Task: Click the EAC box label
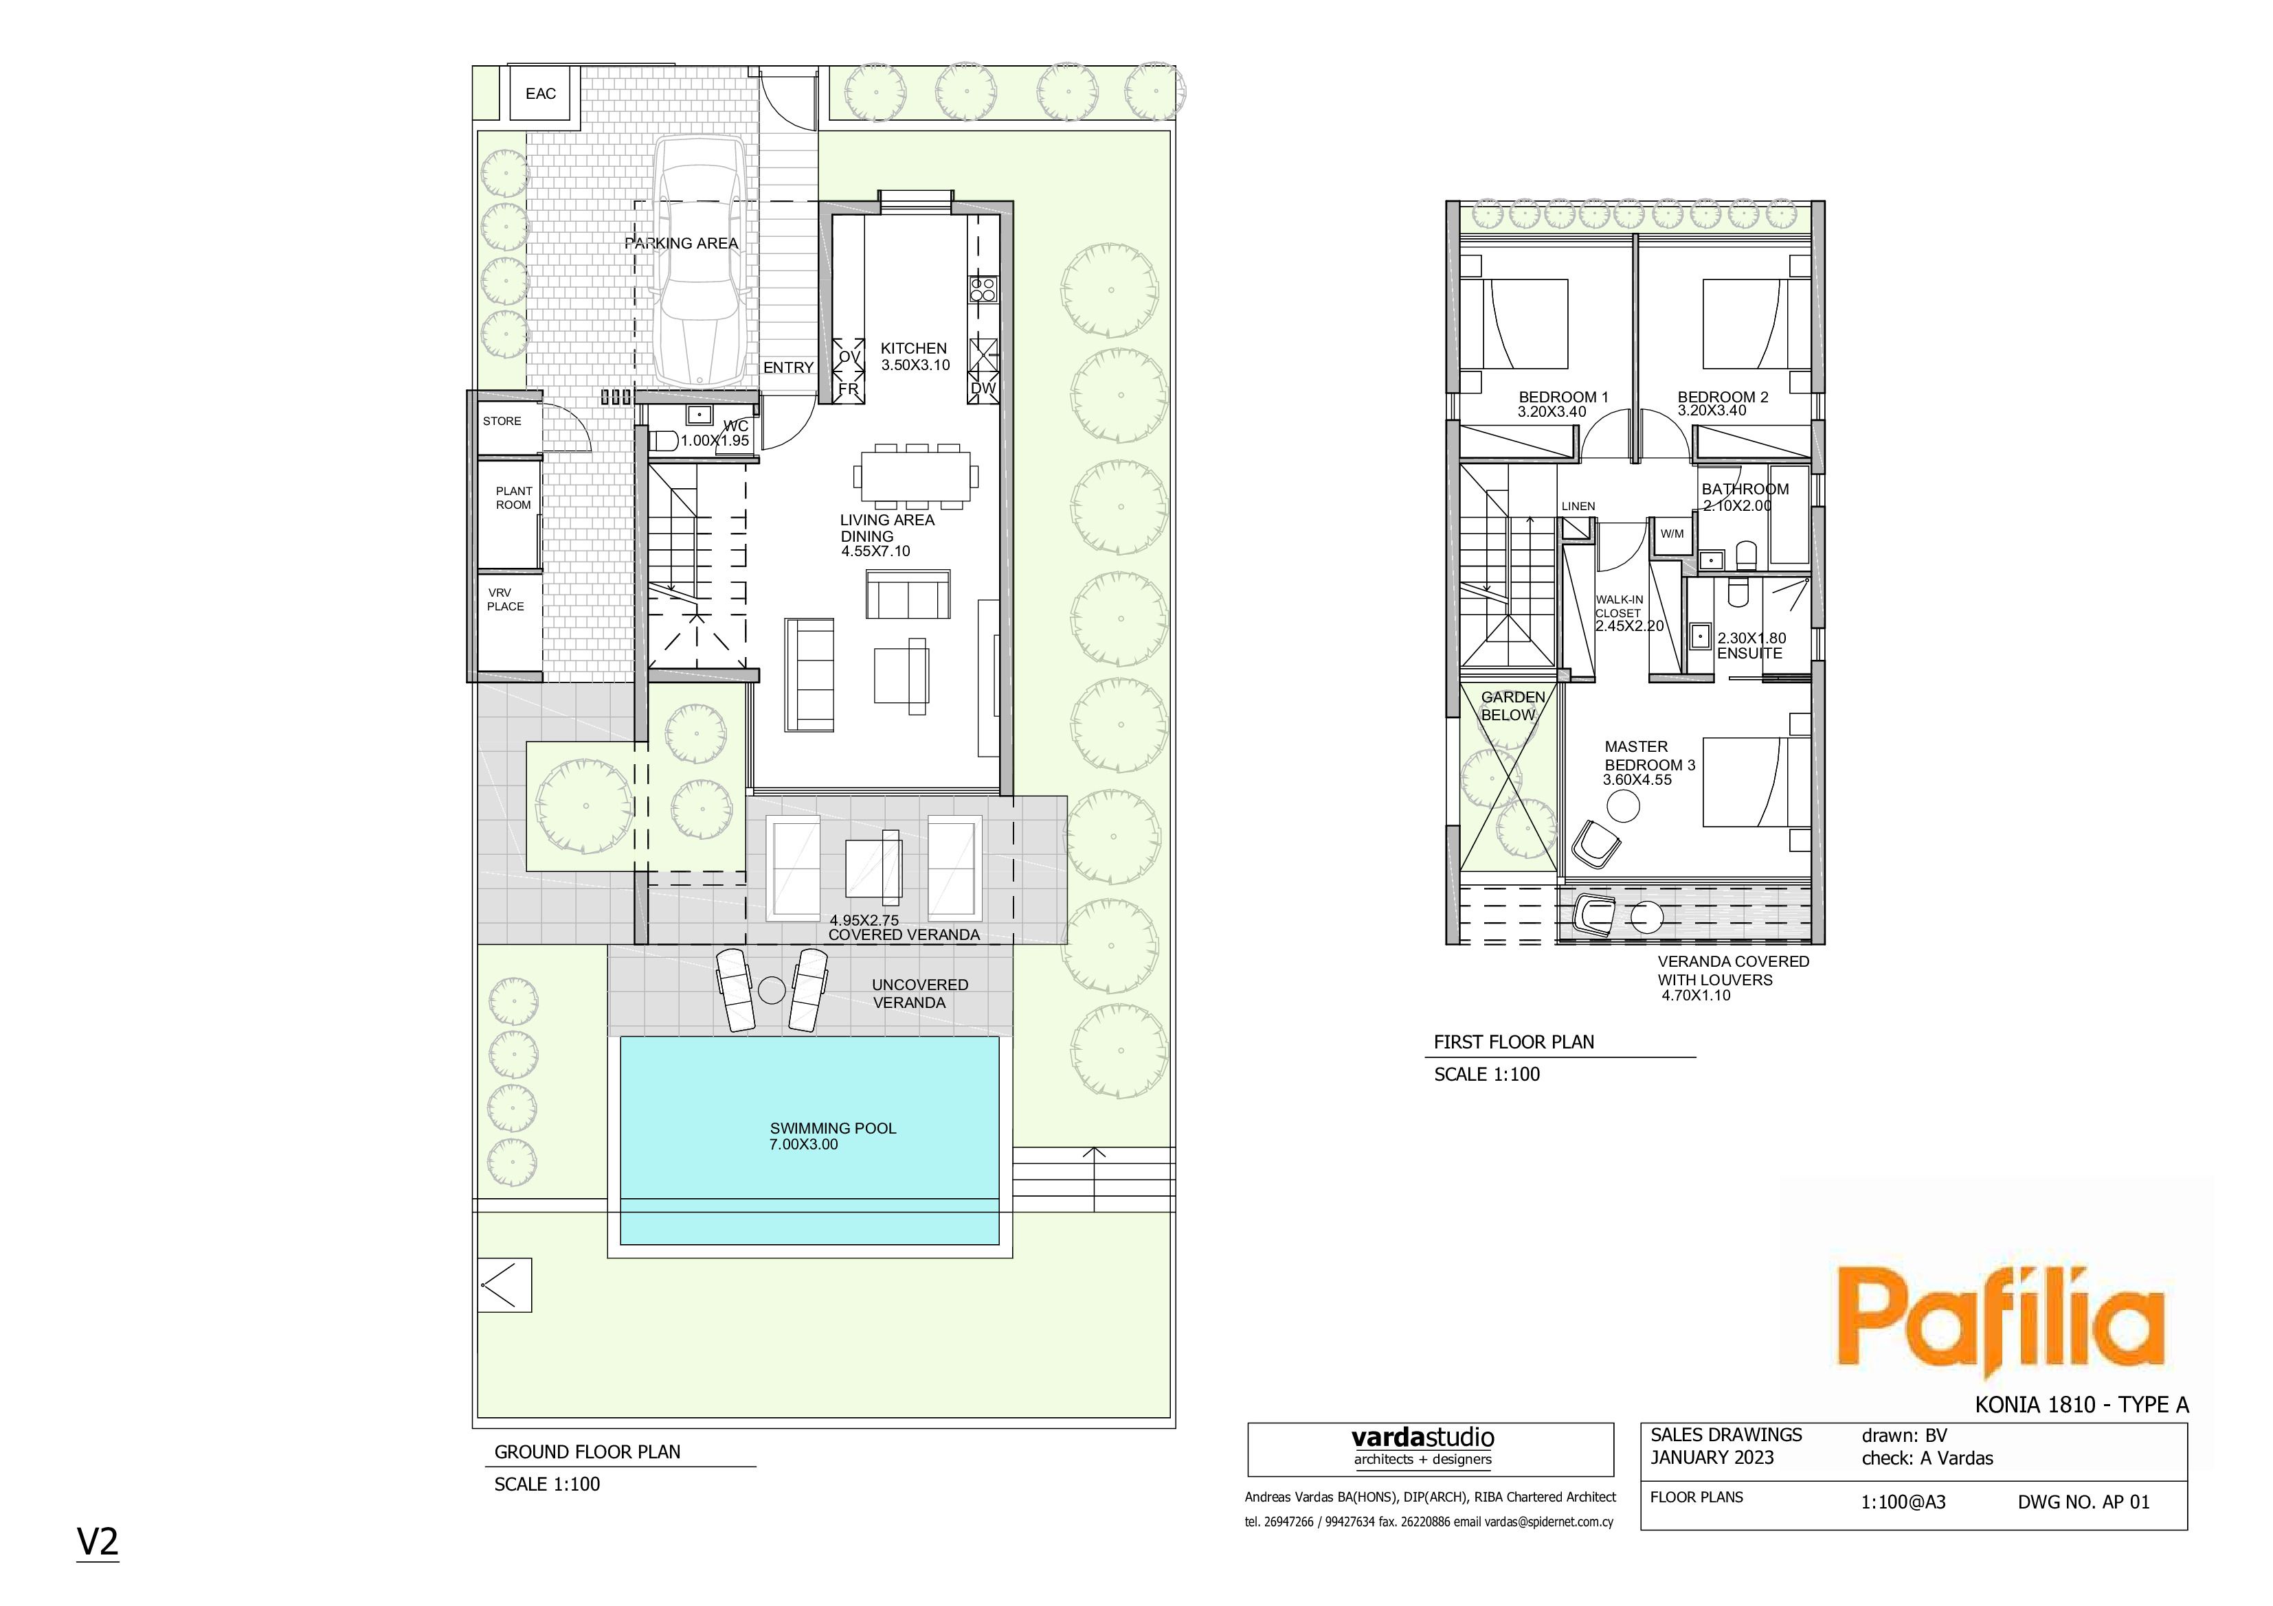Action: tap(541, 94)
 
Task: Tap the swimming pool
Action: tap(810, 1140)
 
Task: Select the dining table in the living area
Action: tap(916, 477)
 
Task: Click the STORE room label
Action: tap(502, 422)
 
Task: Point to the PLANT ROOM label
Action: tap(514, 498)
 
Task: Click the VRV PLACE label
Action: tap(505, 599)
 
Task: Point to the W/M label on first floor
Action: tap(1672, 534)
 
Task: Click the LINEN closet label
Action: tap(1578, 507)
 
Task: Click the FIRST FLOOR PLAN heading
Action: tap(1514, 1042)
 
